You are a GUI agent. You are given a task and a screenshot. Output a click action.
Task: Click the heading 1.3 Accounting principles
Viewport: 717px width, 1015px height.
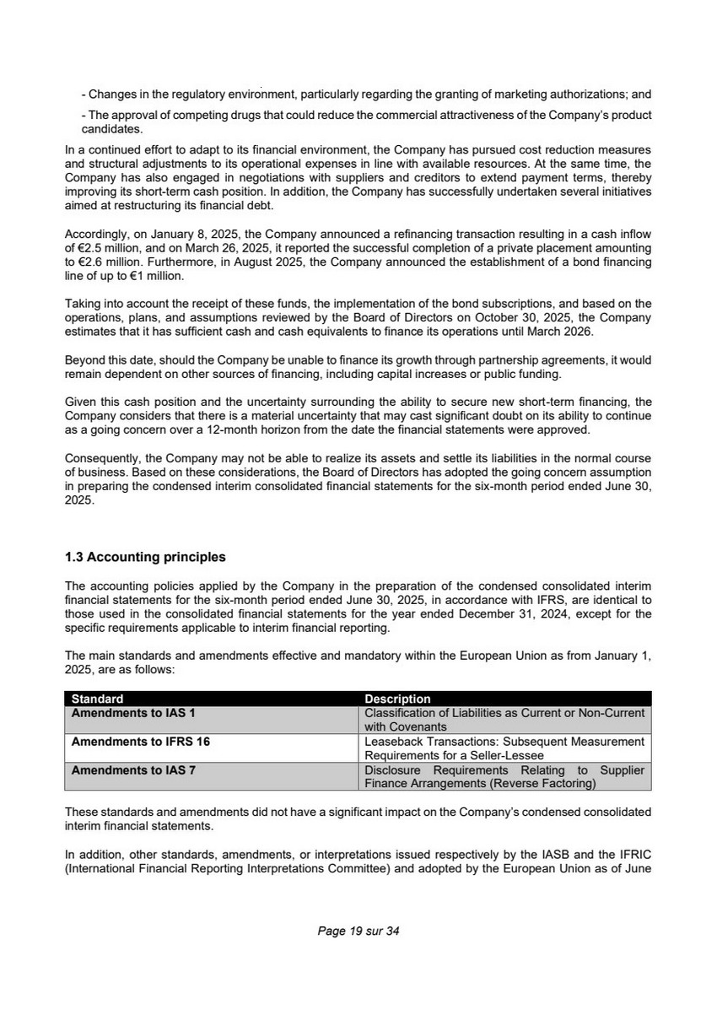coord(145,557)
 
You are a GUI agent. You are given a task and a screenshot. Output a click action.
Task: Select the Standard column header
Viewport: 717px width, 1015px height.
coord(97,699)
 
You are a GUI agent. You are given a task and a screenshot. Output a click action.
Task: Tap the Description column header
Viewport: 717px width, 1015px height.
coord(397,699)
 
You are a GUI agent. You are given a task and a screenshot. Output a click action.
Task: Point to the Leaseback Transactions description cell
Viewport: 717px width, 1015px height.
coord(504,748)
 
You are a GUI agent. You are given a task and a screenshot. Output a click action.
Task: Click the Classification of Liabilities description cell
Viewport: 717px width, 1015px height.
coord(504,719)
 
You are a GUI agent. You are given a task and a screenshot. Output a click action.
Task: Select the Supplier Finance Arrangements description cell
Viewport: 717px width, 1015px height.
coord(504,776)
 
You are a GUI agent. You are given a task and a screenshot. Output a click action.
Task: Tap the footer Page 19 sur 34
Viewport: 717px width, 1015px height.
coord(358,931)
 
